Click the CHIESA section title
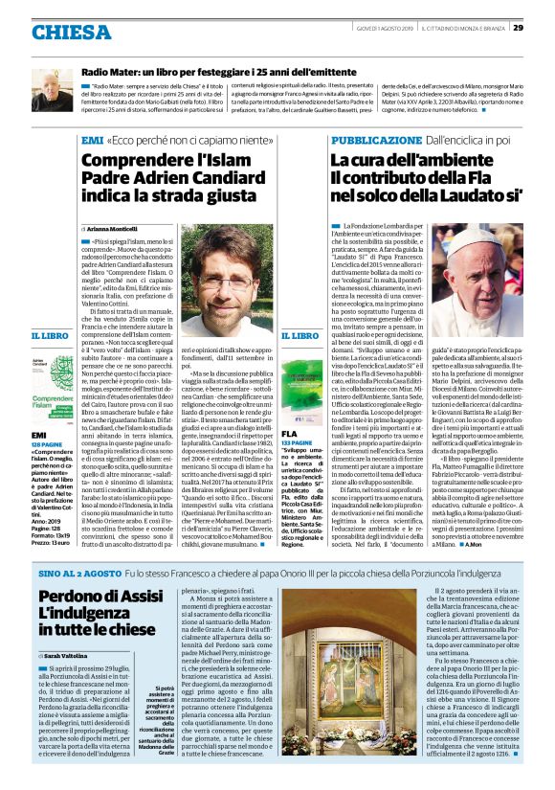tap(71, 33)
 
